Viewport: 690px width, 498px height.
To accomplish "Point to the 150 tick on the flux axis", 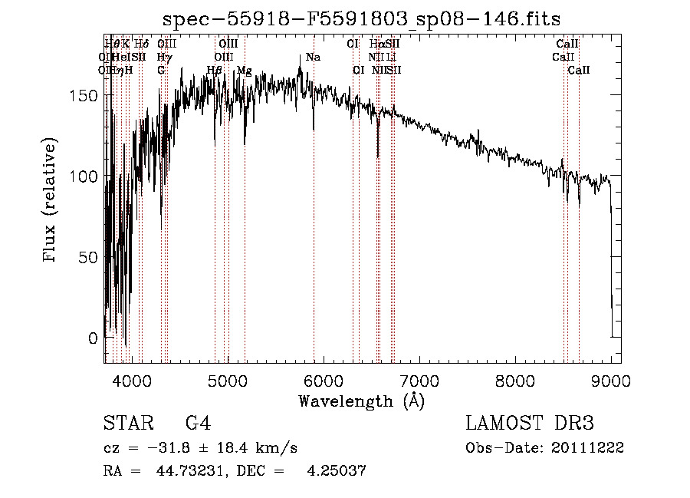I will pos(88,95).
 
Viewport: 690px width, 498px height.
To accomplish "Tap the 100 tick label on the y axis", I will pos(88,176).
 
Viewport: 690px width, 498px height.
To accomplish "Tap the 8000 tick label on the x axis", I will pos(515,379).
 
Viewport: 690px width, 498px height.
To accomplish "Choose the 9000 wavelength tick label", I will pos(611,379).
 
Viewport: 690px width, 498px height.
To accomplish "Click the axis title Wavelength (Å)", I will pos(361,401).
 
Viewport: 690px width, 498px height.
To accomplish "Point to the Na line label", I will pos(313,58).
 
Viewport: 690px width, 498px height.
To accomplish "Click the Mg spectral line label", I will pos(244,71).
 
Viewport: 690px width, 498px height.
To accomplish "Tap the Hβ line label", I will pos(214,71).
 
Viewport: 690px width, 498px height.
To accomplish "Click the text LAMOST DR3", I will pos(530,424).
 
